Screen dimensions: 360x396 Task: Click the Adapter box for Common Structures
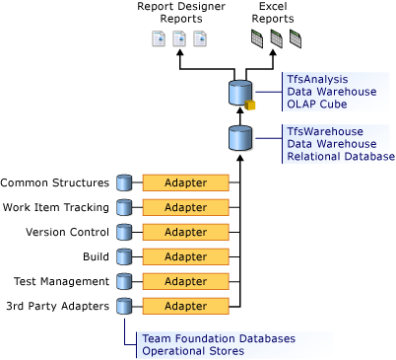(x=185, y=182)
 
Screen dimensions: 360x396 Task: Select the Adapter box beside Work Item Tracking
(x=185, y=207)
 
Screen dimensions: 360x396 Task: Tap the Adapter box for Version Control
(x=185, y=232)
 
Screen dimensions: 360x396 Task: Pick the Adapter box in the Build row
(x=185, y=256)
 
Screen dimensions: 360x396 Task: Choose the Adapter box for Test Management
(x=185, y=281)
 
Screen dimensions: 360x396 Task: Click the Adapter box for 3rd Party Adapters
(x=185, y=306)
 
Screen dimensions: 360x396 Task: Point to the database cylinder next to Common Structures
(x=124, y=182)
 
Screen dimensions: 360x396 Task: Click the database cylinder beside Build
(x=124, y=256)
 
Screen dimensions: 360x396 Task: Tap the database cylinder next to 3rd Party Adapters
(x=124, y=306)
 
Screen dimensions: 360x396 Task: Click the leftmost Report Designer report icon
(x=158, y=39)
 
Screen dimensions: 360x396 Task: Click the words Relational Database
(x=340, y=156)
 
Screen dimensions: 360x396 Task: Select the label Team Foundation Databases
(x=218, y=338)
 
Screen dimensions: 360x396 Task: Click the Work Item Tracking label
(x=56, y=207)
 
